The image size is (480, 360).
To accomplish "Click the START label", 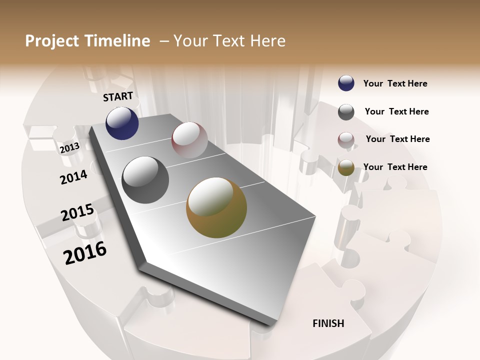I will tap(118, 96).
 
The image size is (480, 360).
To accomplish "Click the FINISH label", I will tap(328, 323).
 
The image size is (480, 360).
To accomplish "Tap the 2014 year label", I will tap(73, 177).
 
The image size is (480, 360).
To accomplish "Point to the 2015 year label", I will tap(77, 212).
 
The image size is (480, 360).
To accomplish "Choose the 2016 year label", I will tap(85, 253).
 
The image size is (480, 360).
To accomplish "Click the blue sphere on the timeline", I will tap(122, 123).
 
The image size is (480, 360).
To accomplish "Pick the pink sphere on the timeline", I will tap(189, 140).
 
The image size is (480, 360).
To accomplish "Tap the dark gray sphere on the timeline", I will tap(145, 180).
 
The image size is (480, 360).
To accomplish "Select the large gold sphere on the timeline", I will tap(216, 207).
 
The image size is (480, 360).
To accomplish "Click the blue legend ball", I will tap(346, 83).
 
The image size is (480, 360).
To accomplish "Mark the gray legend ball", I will tap(346, 112).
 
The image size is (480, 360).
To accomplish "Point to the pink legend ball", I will tap(346, 140).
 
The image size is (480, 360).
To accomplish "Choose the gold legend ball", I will tap(346, 168).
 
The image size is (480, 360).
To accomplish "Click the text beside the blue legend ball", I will tap(395, 83).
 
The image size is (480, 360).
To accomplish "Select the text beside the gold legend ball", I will tap(395, 167).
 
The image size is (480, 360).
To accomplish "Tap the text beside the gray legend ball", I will tap(396, 111).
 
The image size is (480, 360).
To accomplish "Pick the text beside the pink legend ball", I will tap(397, 139).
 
